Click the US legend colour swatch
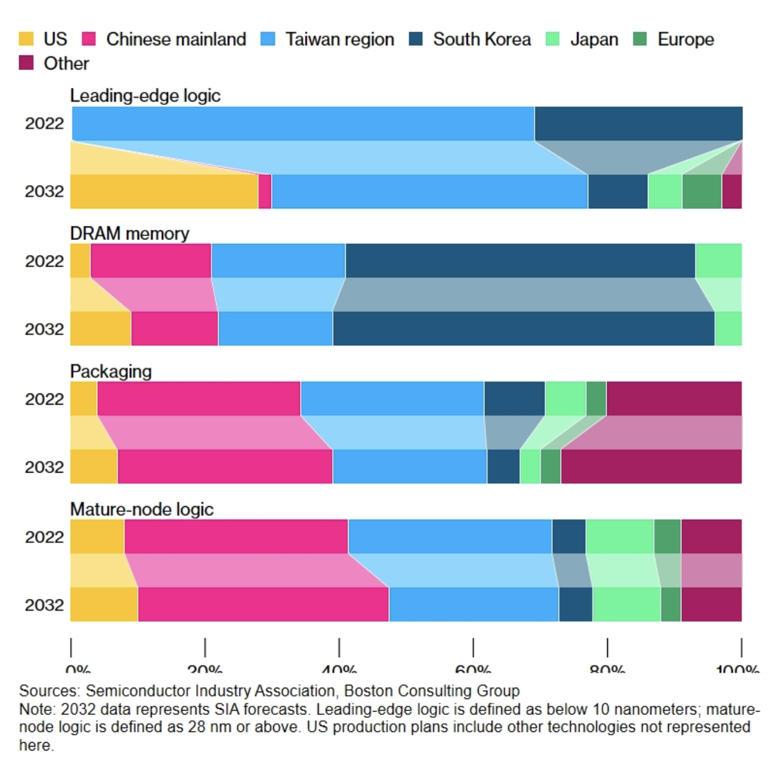coord(26,39)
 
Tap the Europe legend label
coord(685,39)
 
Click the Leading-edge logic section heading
coord(145,96)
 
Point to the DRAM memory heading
coord(130,233)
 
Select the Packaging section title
coord(111,371)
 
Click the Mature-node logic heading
coord(141,509)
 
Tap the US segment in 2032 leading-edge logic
coord(164,191)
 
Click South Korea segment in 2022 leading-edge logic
coord(638,123)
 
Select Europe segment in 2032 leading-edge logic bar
coord(702,191)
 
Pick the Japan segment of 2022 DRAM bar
coord(719,261)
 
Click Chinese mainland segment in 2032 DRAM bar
coord(174,329)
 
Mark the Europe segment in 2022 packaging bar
coord(596,399)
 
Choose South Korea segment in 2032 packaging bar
coord(503,467)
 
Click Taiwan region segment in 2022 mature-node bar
coord(450,537)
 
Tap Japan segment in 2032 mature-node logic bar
coord(626,605)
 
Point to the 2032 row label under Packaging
coord(44,467)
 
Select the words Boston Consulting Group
coord(432,691)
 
